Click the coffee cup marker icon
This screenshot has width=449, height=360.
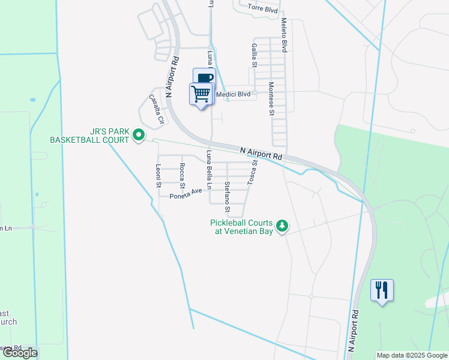205,78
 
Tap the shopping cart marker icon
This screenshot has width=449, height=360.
201,93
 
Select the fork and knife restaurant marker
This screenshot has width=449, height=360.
382,290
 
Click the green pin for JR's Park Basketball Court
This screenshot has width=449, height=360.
139,136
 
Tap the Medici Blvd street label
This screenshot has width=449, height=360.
236,94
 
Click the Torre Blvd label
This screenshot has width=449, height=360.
263,9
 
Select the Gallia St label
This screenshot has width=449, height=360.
255,55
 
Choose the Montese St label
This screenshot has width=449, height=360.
271,98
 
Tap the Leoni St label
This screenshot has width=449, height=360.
158,176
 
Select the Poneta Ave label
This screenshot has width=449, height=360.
185,194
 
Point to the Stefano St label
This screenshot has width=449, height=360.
228,197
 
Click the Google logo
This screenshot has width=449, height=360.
20,353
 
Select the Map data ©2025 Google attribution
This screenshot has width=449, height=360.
411,355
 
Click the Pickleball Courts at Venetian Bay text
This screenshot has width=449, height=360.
241,226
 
